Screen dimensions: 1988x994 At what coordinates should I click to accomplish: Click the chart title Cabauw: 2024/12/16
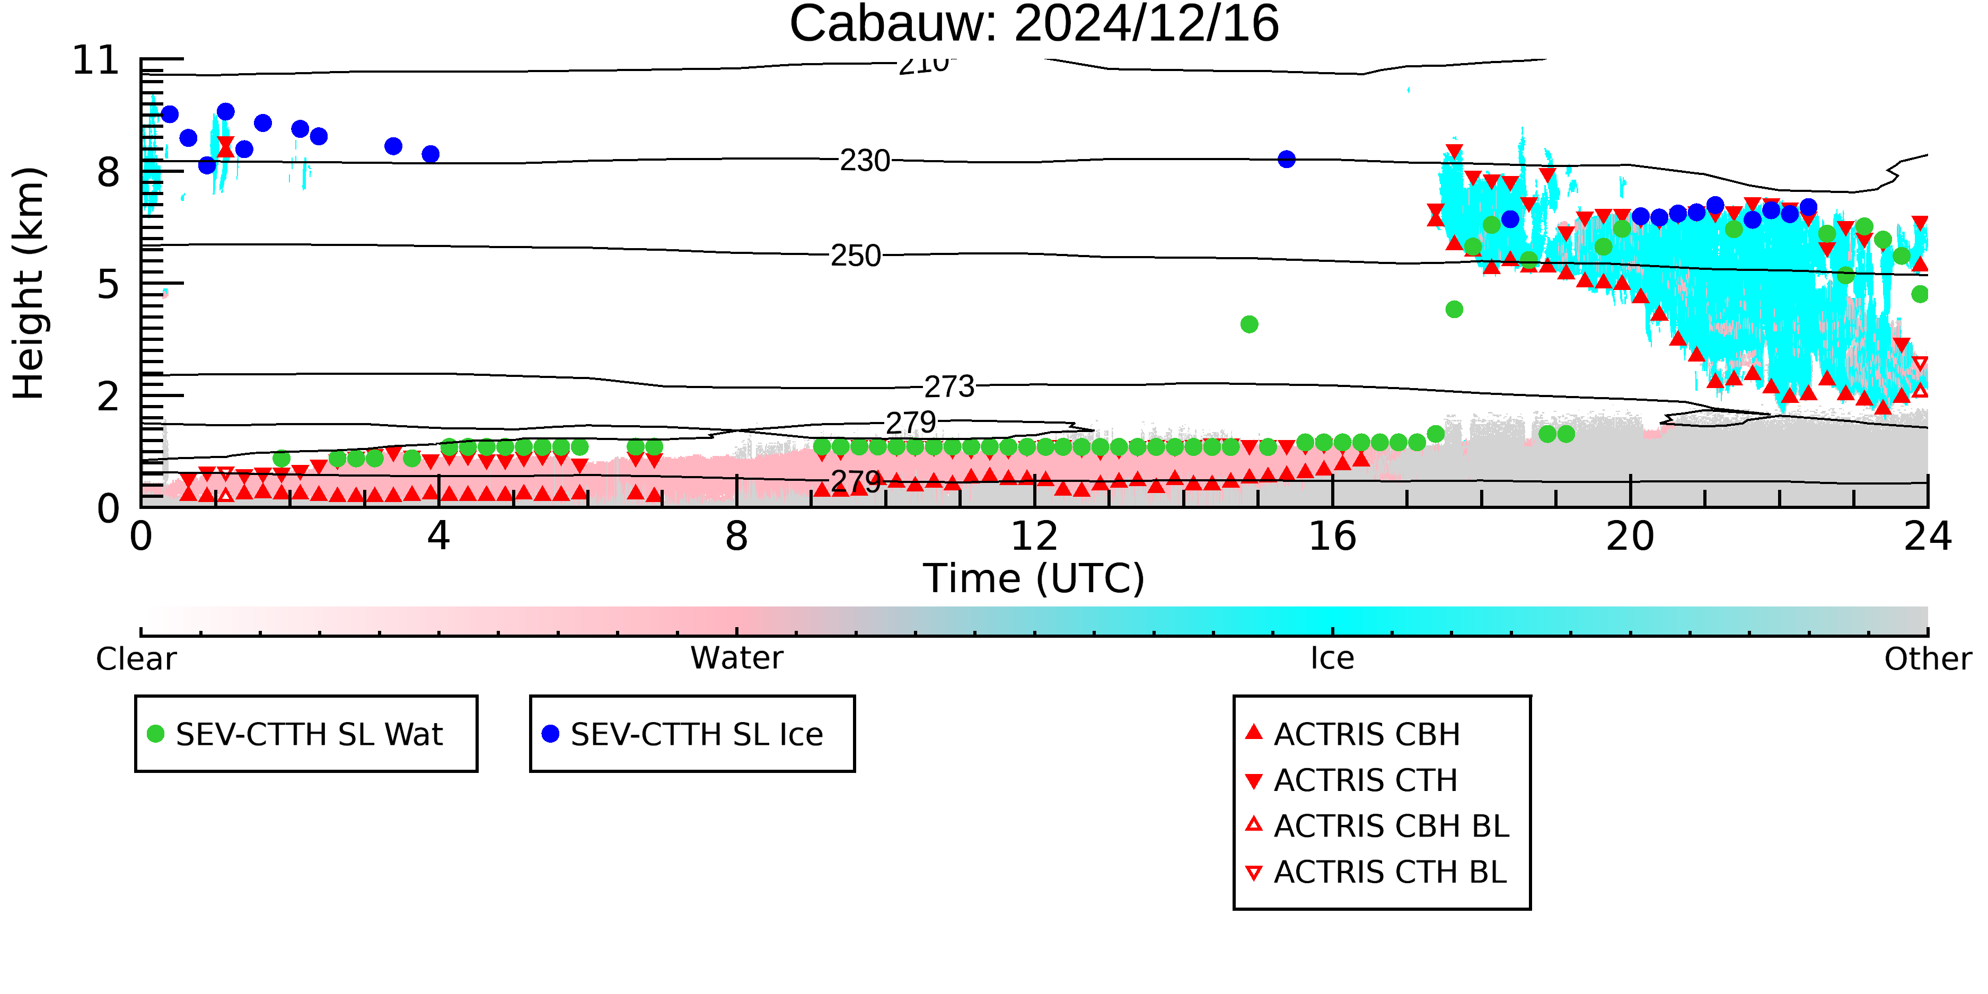click(x=1034, y=23)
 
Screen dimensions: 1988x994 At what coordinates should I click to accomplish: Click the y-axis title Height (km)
click(x=29, y=283)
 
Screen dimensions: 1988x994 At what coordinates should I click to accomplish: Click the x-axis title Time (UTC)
click(x=1034, y=579)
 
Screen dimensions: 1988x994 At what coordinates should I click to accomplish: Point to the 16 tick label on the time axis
click(x=1332, y=536)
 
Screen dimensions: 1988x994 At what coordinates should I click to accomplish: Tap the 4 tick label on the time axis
click(x=438, y=536)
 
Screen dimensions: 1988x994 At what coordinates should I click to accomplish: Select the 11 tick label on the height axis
click(x=96, y=60)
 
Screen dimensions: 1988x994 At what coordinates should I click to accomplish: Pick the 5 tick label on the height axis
click(x=109, y=285)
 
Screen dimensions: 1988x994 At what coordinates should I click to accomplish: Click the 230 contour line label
click(x=864, y=161)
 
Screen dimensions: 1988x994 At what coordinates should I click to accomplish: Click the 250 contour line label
click(x=855, y=256)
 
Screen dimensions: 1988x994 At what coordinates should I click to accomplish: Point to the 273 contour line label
click(x=949, y=386)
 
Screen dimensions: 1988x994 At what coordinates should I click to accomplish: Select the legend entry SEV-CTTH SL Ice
click(x=683, y=734)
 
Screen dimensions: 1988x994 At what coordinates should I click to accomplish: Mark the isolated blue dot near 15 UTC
click(x=1287, y=160)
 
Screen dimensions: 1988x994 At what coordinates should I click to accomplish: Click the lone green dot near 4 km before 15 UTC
click(x=1250, y=324)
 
